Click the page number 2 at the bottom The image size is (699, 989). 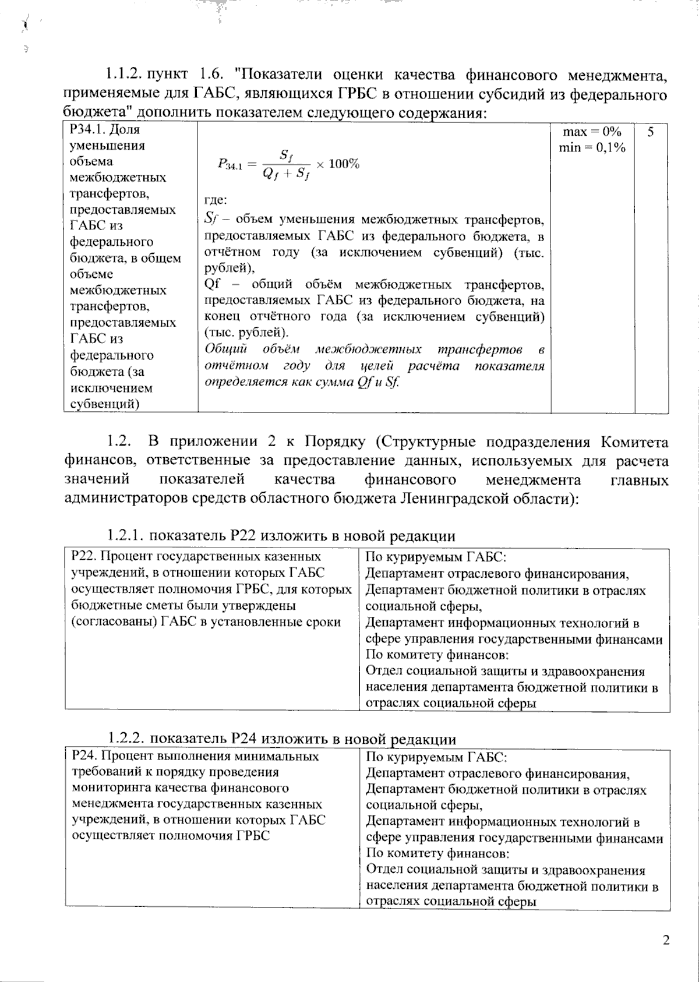pyautogui.click(x=666, y=939)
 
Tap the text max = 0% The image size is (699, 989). pyautogui.click(x=592, y=132)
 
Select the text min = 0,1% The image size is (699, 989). pyautogui.click(x=592, y=148)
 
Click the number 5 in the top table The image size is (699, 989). pyautogui.click(x=651, y=132)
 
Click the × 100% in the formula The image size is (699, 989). pyautogui.click(x=338, y=164)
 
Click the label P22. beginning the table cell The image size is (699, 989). pyautogui.click(x=83, y=557)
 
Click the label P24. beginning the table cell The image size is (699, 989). pyautogui.click(x=83, y=756)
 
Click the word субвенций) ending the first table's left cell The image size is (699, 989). pyautogui.click(x=104, y=404)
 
